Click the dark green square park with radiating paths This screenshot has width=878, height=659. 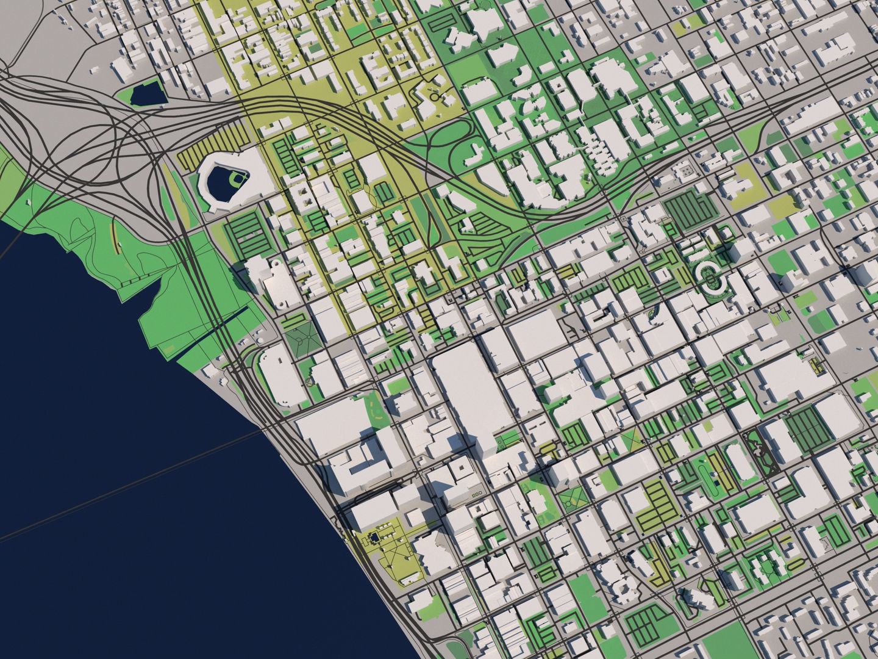click(304, 336)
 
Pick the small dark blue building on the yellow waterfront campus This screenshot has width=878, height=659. click(373, 537)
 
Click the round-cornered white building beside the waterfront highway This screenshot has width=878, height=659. click(280, 375)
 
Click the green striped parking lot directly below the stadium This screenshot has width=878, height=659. click(250, 235)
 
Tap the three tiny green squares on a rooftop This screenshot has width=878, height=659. click(474, 492)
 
